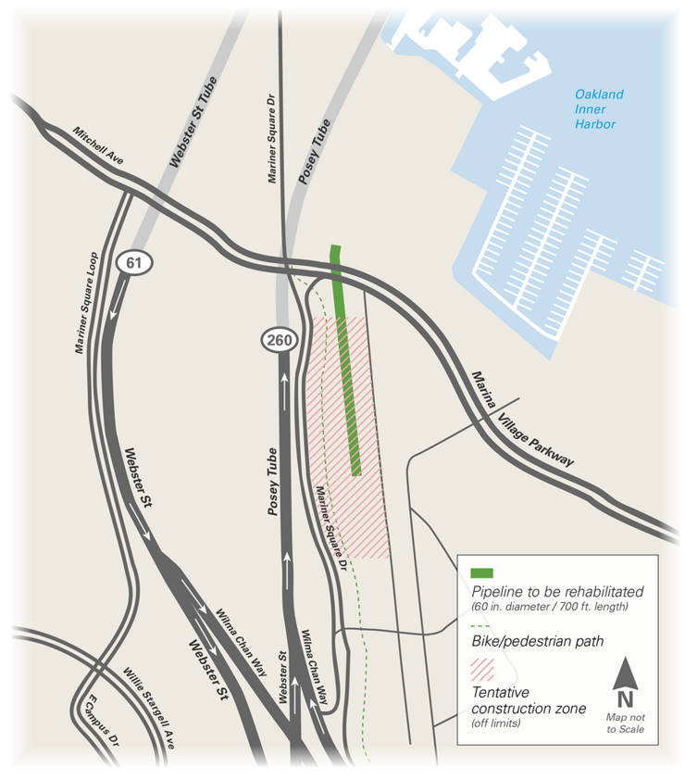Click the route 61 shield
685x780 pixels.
point(135,263)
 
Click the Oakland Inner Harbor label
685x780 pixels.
point(599,109)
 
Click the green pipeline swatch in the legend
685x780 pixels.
point(482,573)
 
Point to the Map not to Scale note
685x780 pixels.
point(625,723)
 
